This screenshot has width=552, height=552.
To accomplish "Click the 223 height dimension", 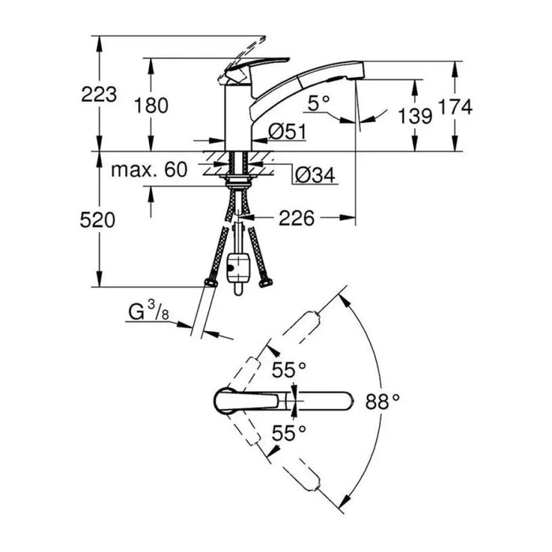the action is [99, 95].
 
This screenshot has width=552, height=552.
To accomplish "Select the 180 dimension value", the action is [151, 106].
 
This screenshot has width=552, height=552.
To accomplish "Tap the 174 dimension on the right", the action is [455, 106].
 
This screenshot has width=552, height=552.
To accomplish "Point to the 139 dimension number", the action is [415, 116].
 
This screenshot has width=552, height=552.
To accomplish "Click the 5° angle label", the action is [319, 103].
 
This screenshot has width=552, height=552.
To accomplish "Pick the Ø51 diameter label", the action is [287, 132].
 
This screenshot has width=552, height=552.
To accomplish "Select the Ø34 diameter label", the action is [315, 175].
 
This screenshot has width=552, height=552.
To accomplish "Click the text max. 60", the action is [149, 170].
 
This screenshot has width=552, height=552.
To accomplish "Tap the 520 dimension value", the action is [98, 220].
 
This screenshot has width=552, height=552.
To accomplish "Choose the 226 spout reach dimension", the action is [297, 218].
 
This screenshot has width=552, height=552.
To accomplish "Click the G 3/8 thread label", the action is [148, 311].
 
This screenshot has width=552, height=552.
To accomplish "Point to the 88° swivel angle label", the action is [382, 401].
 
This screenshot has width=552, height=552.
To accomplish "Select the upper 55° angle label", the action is [289, 370].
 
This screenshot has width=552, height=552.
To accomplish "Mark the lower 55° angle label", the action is [289, 433].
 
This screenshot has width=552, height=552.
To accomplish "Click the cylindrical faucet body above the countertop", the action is [238, 118].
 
